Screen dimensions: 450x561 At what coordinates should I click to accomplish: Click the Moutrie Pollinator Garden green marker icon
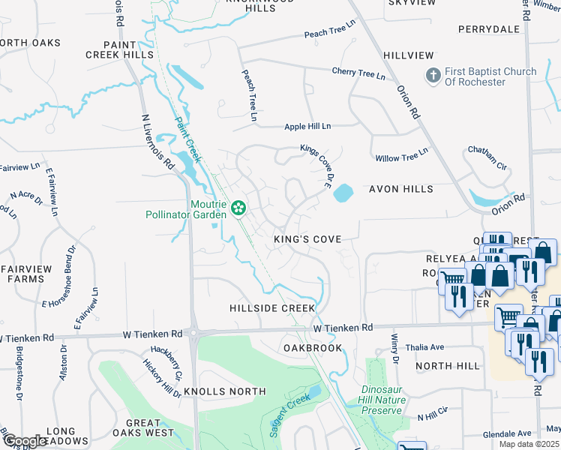click(x=238, y=207)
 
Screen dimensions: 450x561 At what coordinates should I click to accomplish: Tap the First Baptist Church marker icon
click(x=433, y=76)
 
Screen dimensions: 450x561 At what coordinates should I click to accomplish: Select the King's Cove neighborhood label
click(x=307, y=239)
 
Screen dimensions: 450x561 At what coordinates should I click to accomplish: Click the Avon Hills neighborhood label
click(x=397, y=190)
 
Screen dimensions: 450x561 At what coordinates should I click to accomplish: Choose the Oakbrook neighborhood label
click(x=313, y=348)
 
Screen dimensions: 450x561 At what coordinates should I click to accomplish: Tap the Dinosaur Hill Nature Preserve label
click(x=393, y=400)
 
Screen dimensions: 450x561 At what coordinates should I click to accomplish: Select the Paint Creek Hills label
click(x=119, y=49)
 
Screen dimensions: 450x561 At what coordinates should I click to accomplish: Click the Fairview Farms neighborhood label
click(x=26, y=274)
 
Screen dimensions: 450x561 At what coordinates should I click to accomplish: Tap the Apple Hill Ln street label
click(x=307, y=127)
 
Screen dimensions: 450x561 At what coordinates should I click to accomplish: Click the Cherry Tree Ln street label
click(x=359, y=74)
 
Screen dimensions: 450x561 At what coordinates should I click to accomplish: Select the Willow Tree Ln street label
click(x=402, y=154)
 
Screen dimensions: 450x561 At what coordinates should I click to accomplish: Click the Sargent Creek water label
click(x=289, y=413)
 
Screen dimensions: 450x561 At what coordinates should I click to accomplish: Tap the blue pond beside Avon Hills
click(x=342, y=193)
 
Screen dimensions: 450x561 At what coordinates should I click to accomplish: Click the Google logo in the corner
click(x=25, y=441)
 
